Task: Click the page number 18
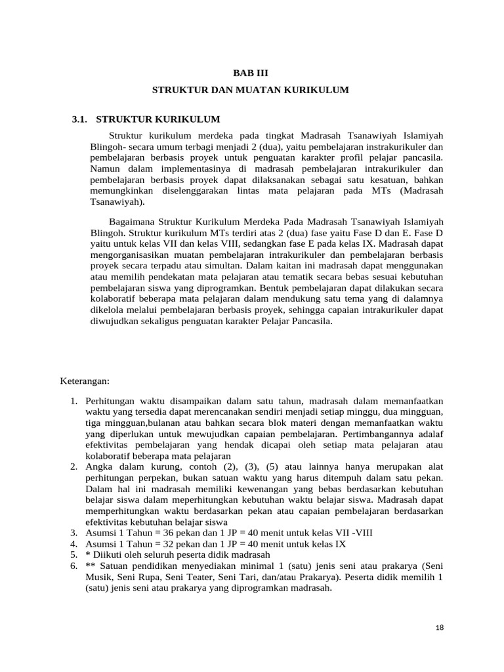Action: pyautogui.click(x=440, y=627)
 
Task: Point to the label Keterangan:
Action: pyautogui.click(x=85, y=381)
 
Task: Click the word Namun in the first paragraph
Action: pyautogui.click(x=105, y=169)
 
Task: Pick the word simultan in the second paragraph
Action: pyautogui.click(x=220, y=266)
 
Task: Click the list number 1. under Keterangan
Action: pyautogui.click(x=73, y=400)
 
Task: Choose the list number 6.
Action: pyautogui.click(x=73, y=566)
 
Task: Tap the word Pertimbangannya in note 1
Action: pyautogui.click(x=372, y=434)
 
